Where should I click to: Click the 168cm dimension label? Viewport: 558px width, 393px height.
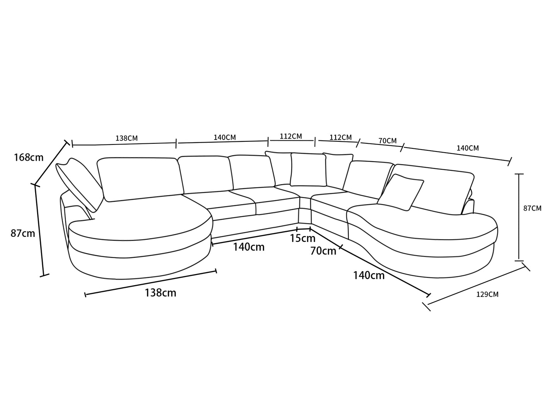click(x=29, y=158)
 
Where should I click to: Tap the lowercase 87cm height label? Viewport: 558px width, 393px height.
click(x=23, y=233)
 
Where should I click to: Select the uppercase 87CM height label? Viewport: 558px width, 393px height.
click(x=533, y=208)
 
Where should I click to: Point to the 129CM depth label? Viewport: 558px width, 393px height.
click(x=487, y=294)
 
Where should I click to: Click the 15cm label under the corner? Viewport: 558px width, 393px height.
click(x=303, y=238)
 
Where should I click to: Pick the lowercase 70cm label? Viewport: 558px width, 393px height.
click(x=323, y=251)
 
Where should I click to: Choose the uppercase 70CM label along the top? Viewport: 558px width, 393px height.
click(x=388, y=141)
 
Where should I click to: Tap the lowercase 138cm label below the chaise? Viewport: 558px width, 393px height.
click(x=160, y=293)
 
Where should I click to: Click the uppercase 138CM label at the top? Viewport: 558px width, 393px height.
click(x=127, y=138)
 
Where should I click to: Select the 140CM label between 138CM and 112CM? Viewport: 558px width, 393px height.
click(x=225, y=138)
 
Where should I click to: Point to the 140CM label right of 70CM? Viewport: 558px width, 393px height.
click(x=468, y=148)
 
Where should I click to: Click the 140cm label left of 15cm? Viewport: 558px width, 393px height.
click(x=249, y=247)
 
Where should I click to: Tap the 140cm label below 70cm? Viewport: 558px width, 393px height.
click(x=369, y=276)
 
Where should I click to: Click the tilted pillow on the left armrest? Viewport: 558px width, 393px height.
click(x=79, y=184)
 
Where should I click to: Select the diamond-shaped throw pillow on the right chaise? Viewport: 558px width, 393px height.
click(x=400, y=192)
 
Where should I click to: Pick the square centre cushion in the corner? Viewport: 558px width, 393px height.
click(x=309, y=170)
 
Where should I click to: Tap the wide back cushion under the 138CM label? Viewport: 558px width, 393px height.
click(x=140, y=179)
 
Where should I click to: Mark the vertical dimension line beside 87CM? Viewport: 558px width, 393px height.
click(x=519, y=217)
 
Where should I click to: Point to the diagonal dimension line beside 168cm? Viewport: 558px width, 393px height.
click(x=51, y=163)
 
